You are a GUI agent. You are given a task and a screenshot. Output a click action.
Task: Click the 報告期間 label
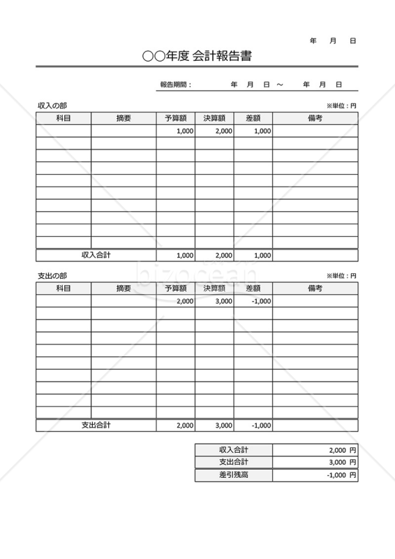(175, 85)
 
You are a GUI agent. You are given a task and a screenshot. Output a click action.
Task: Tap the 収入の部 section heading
(53, 106)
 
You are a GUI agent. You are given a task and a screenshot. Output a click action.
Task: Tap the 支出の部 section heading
(53, 276)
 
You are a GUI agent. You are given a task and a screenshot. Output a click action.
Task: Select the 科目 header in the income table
(64, 118)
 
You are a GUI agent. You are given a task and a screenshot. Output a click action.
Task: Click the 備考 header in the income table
(315, 118)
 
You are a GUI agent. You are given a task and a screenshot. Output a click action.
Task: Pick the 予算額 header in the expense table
(176, 288)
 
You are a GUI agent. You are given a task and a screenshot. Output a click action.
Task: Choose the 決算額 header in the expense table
(214, 288)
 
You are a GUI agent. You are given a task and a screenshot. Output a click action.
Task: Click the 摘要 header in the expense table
(124, 288)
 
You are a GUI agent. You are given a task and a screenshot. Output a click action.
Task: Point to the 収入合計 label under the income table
(96, 255)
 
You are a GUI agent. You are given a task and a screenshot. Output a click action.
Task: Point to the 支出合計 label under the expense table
(96, 425)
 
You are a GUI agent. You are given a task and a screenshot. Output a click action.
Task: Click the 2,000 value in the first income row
(223, 131)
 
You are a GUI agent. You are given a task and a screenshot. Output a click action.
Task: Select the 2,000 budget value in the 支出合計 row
(185, 425)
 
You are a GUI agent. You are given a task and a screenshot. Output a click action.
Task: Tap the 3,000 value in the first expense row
(223, 301)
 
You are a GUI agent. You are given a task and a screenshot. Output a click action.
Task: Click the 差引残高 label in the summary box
(233, 475)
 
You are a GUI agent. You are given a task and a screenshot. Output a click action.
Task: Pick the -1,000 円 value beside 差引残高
(341, 475)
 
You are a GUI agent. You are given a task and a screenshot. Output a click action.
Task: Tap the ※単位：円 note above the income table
(341, 106)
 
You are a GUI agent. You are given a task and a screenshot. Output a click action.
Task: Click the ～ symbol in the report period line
(280, 85)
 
